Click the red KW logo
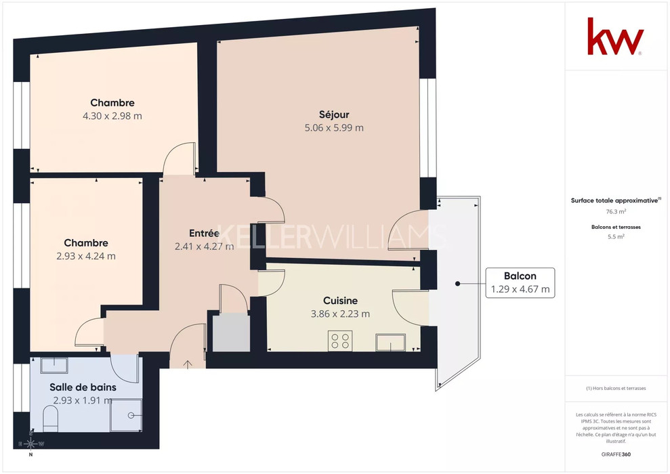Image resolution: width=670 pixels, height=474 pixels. click(615, 37)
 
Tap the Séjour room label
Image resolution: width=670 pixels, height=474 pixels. click(334, 114)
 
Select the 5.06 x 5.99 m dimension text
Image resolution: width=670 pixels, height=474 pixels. click(334, 128)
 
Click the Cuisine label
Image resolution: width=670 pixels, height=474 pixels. click(340, 301)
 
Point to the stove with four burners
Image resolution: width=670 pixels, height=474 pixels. click(340, 341)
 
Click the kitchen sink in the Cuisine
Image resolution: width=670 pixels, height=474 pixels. click(390, 343)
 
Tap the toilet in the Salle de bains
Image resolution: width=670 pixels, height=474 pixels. click(50, 418)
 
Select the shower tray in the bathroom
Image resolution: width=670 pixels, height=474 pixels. click(126, 415)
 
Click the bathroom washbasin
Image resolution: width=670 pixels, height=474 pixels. click(54, 365)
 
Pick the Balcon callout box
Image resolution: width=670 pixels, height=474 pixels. click(520, 282)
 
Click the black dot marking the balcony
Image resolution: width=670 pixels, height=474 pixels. click(458, 284)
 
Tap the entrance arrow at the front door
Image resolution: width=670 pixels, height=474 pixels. click(188, 364)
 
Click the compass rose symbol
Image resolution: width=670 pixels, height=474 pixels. click(30, 444)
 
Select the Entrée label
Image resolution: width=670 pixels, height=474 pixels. click(204, 233)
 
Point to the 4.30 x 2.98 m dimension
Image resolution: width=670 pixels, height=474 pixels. click(112, 116)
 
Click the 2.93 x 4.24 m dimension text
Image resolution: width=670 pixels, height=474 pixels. click(86, 256)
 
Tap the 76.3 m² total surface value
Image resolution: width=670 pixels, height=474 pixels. click(616, 211)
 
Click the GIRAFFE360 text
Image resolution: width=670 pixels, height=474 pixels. click(616, 454)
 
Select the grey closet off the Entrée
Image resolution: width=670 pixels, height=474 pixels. click(231, 332)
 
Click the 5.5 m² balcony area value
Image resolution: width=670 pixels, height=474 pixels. click(616, 236)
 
